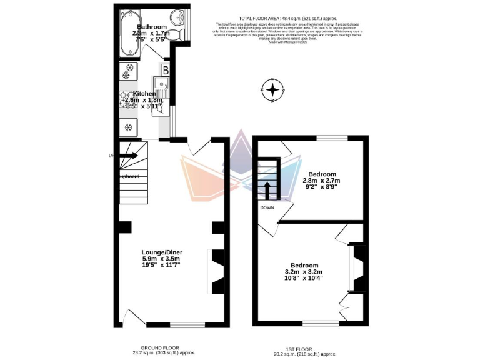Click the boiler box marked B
166,70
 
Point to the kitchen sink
163,85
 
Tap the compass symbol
272,91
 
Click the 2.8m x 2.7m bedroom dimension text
321,181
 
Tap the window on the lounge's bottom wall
184,325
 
